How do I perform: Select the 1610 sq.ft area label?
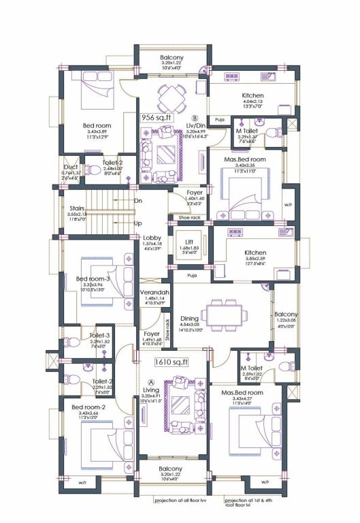tap(171, 362)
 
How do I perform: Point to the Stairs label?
tap(76, 209)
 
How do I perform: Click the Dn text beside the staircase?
tap(138, 201)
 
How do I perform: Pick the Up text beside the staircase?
tap(138, 223)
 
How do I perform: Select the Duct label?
tap(70, 165)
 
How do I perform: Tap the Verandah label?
tap(154, 292)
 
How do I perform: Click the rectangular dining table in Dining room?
tap(228, 315)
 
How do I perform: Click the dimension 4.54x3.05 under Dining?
tap(189, 325)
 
